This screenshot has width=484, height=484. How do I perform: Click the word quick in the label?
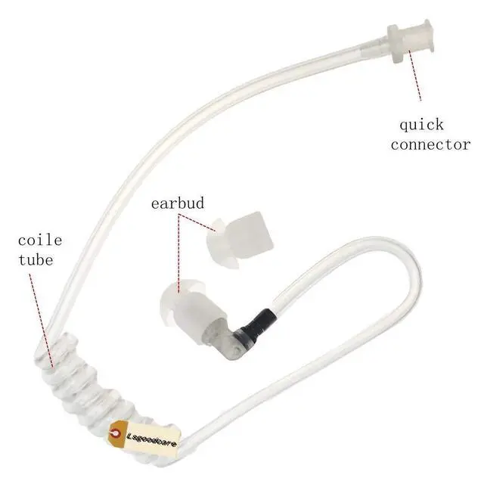(x=421, y=125)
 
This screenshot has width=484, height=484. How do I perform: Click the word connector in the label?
(x=430, y=144)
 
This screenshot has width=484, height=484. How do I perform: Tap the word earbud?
(x=178, y=203)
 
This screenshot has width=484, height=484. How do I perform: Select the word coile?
(x=40, y=241)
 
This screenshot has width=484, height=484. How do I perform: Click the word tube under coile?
(x=37, y=260)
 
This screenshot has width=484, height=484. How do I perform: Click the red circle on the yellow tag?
(x=115, y=432)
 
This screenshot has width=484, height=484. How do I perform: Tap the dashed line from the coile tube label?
(x=42, y=318)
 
